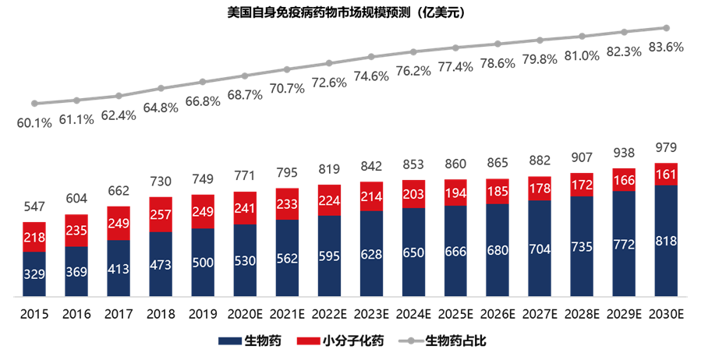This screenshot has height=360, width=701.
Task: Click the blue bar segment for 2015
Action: pyautogui.click(x=34, y=274)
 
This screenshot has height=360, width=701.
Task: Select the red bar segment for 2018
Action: pyautogui.click(x=161, y=214)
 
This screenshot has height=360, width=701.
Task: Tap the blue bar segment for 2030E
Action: pyautogui.click(x=666, y=241)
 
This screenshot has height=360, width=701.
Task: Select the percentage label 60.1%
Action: pyautogui.click(x=34, y=122)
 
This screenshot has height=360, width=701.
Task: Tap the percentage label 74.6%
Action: pyautogui.click(x=371, y=76)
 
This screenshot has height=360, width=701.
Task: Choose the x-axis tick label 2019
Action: pyautogui.click(x=203, y=314)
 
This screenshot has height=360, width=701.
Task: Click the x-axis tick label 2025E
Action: pyautogui.click(x=455, y=314)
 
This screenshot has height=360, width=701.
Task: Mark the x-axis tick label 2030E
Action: pyautogui.click(x=666, y=314)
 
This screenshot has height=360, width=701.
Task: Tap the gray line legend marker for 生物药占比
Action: pyautogui.click(x=411, y=341)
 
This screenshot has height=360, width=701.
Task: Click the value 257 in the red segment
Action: pyautogui.click(x=161, y=214)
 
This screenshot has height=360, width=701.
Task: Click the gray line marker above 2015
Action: pyautogui.click(x=34, y=103)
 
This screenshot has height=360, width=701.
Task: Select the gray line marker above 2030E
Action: pyautogui.click(x=666, y=26)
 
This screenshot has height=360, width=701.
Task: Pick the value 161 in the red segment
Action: pyautogui.click(x=666, y=174)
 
